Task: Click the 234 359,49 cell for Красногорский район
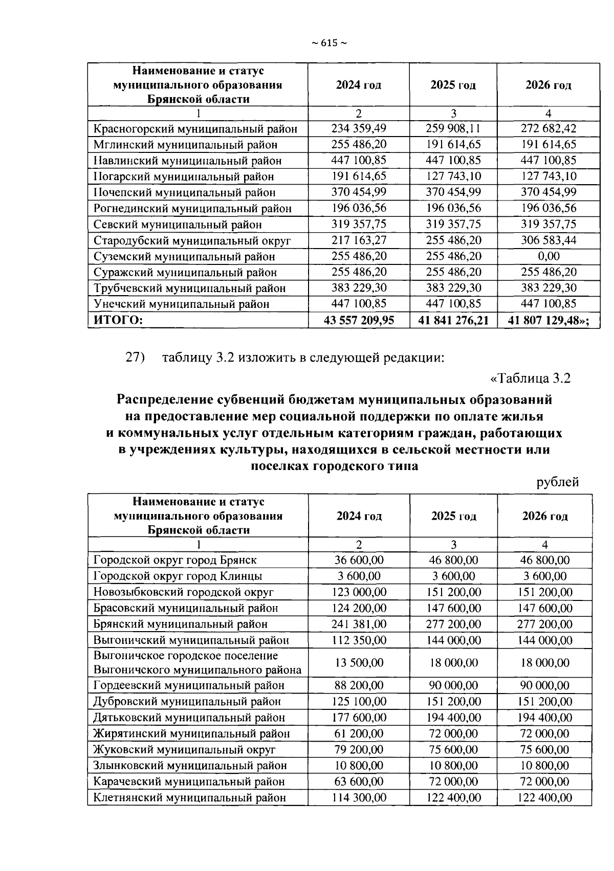pos(359,128)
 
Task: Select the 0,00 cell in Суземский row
pos(548,256)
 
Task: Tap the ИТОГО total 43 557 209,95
pos(359,321)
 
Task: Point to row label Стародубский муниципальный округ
pos(192,240)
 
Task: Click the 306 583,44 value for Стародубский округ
pos(548,240)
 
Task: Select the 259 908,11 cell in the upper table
pos(453,128)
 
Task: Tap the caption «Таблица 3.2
pos(530,378)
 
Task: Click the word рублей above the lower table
pos(558,482)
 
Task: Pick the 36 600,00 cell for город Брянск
pos(359,560)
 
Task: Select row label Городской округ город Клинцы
pos(178,576)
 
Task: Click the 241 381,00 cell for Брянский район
pos(359,624)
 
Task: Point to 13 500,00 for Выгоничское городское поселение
pos(359,663)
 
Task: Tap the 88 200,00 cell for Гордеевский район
pos(359,685)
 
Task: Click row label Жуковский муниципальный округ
pos(184,750)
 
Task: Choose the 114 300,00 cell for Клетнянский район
pos(359,797)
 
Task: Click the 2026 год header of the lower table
pos(544,516)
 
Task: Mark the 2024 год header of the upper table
pos(359,85)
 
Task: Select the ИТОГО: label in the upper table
pos(117,321)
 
